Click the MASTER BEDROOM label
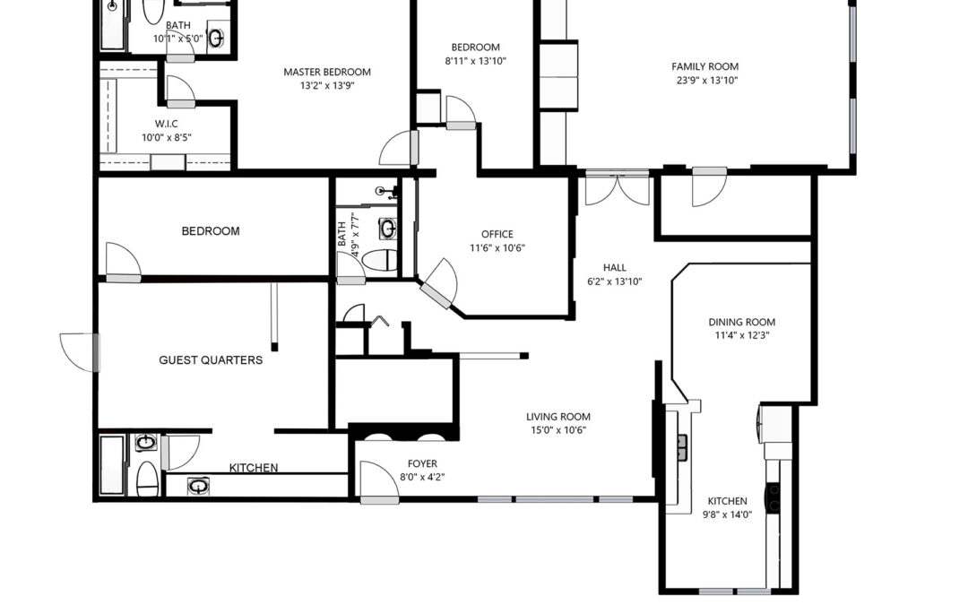click(327, 72)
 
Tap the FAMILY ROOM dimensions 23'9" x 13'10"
click(707, 80)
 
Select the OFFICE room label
click(497, 234)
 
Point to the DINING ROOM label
click(741, 322)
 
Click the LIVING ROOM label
click(558, 417)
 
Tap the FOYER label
click(422, 463)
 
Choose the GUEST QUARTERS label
click(211, 360)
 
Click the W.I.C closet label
click(166, 124)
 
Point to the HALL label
click(614, 267)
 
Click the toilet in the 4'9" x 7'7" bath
click(380, 260)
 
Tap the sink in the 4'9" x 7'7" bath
click(388, 229)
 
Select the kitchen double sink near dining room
click(683, 447)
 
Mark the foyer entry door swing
click(378, 481)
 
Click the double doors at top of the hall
click(617, 188)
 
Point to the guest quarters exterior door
click(79, 352)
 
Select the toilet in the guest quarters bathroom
click(147, 479)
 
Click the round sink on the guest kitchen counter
click(198, 486)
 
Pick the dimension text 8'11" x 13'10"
click(475, 61)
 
